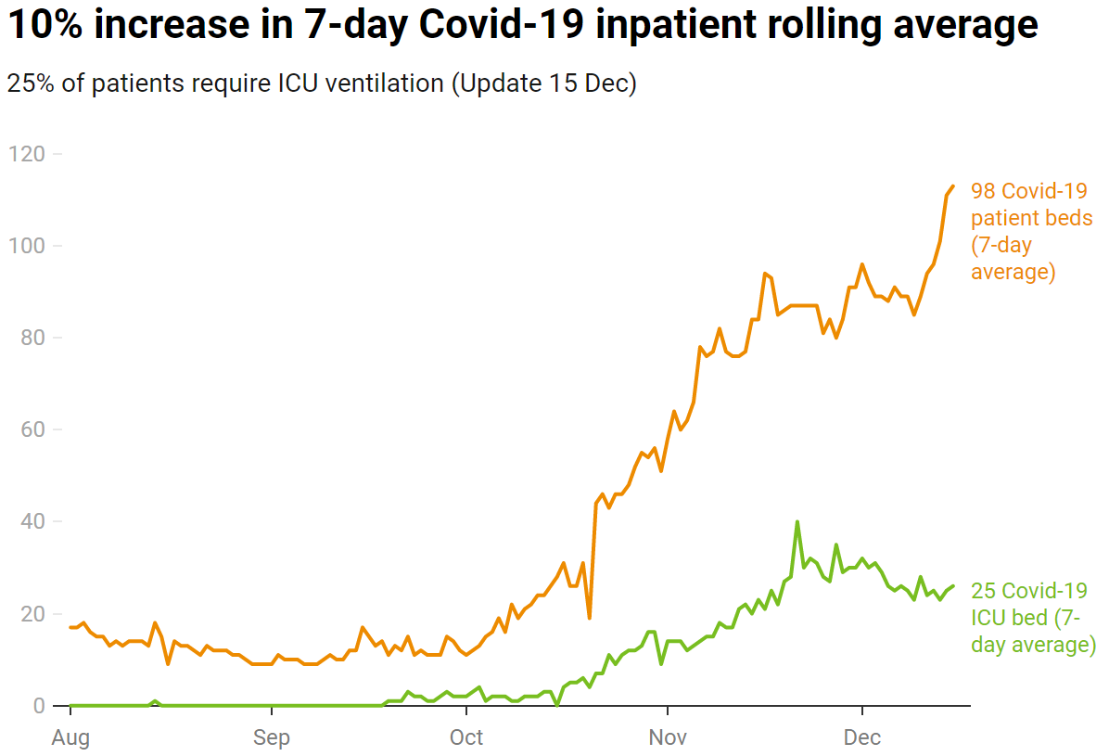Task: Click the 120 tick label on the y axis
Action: pos(26,154)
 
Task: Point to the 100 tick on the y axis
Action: pos(26,246)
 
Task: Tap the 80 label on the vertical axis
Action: pos(30,338)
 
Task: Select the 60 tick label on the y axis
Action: pos(30,429)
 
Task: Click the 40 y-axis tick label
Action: pos(30,521)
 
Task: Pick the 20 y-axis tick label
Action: pos(30,614)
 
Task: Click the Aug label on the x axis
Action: pos(71,737)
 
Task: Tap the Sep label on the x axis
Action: pos(271,737)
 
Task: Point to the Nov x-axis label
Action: pos(667,737)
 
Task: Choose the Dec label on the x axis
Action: pos(862,737)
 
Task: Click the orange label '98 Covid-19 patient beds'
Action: pos(1031,232)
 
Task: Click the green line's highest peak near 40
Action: pos(797,522)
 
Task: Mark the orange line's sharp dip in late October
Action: pos(590,618)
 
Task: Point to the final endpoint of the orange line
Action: pos(952,186)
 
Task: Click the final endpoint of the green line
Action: pos(952,586)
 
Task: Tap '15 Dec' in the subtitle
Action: pos(583,83)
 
